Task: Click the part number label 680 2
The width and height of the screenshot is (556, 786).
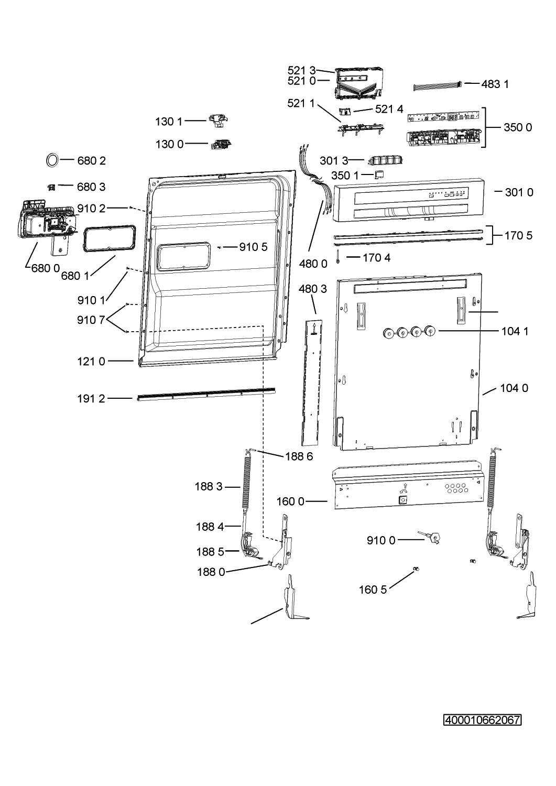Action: [x=91, y=161]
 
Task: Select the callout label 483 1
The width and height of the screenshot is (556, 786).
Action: [x=495, y=84]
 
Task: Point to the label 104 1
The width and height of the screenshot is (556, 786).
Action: [x=515, y=331]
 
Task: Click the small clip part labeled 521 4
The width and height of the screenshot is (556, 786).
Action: [x=345, y=111]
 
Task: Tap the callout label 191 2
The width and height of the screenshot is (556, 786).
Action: [x=91, y=399]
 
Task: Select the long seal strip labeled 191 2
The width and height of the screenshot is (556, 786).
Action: [x=206, y=394]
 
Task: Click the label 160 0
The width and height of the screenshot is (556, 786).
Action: [x=290, y=501]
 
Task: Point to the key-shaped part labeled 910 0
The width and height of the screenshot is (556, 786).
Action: [x=430, y=537]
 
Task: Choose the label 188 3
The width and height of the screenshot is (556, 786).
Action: [x=209, y=486]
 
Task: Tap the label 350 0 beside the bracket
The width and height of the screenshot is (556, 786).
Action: [x=518, y=127]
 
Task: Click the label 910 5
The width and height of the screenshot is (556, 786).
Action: [x=254, y=247]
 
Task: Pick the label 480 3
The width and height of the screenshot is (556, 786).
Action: [x=313, y=289]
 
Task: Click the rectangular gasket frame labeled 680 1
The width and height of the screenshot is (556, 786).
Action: [x=110, y=239]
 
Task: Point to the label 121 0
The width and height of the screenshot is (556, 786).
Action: [x=91, y=362]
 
